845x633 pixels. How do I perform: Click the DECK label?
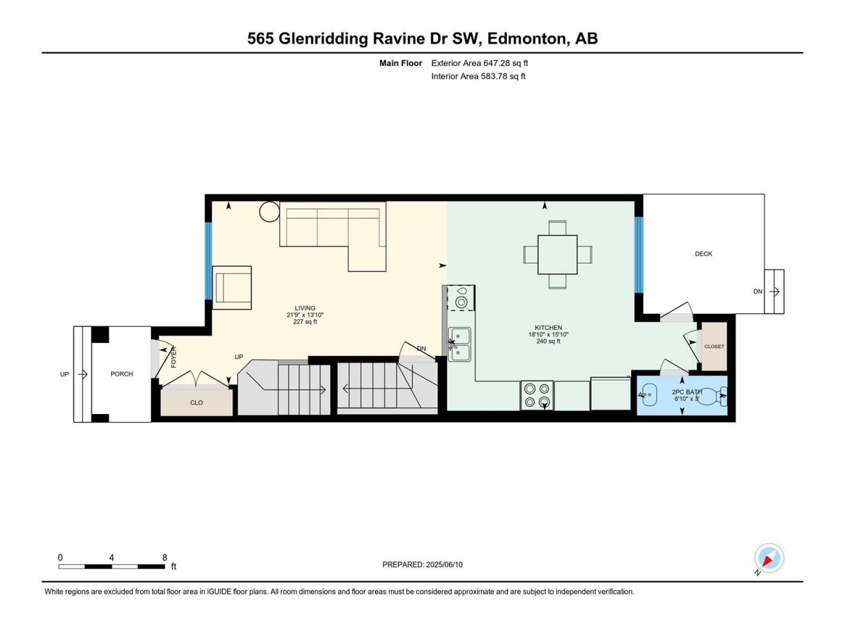click(703, 254)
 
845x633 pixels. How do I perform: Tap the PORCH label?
click(121, 374)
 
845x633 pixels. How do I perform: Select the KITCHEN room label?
click(548, 328)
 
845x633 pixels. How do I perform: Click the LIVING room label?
click(305, 308)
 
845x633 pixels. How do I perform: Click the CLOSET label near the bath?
click(714, 346)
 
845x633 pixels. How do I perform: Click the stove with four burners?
click(537, 396)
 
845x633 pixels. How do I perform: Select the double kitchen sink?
click(459, 344)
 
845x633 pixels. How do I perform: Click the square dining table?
click(557, 255)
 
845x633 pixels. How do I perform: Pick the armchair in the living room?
click(232, 287)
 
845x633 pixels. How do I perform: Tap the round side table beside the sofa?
click(269, 212)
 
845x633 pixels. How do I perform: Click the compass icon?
click(769, 558)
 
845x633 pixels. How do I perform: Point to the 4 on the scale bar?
click(112, 558)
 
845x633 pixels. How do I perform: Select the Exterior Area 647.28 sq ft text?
click(480, 63)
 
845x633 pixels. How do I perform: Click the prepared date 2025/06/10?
click(444, 564)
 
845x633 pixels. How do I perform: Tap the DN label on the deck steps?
click(758, 291)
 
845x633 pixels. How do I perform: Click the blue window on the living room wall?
click(208, 261)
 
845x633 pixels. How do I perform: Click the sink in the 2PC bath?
click(648, 395)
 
